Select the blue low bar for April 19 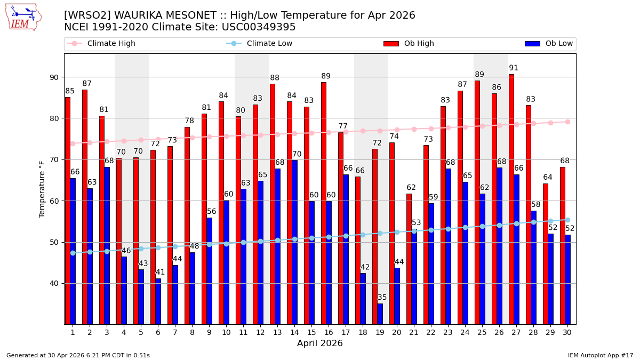coord(380,314)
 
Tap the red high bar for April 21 coord(409,259)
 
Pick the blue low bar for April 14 coord(294,242)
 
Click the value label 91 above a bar coord(514,68)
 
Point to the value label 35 coord(382,298)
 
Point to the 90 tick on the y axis coord(55,77)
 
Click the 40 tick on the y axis coord(55,283)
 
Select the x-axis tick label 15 coord(311,332)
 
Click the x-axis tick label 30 coord(567,332)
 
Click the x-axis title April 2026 coord(320,343)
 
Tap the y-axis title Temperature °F coord(42,189)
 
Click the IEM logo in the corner coord(23,17)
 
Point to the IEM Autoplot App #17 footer coord(600,355)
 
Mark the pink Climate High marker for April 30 coord(567,122)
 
